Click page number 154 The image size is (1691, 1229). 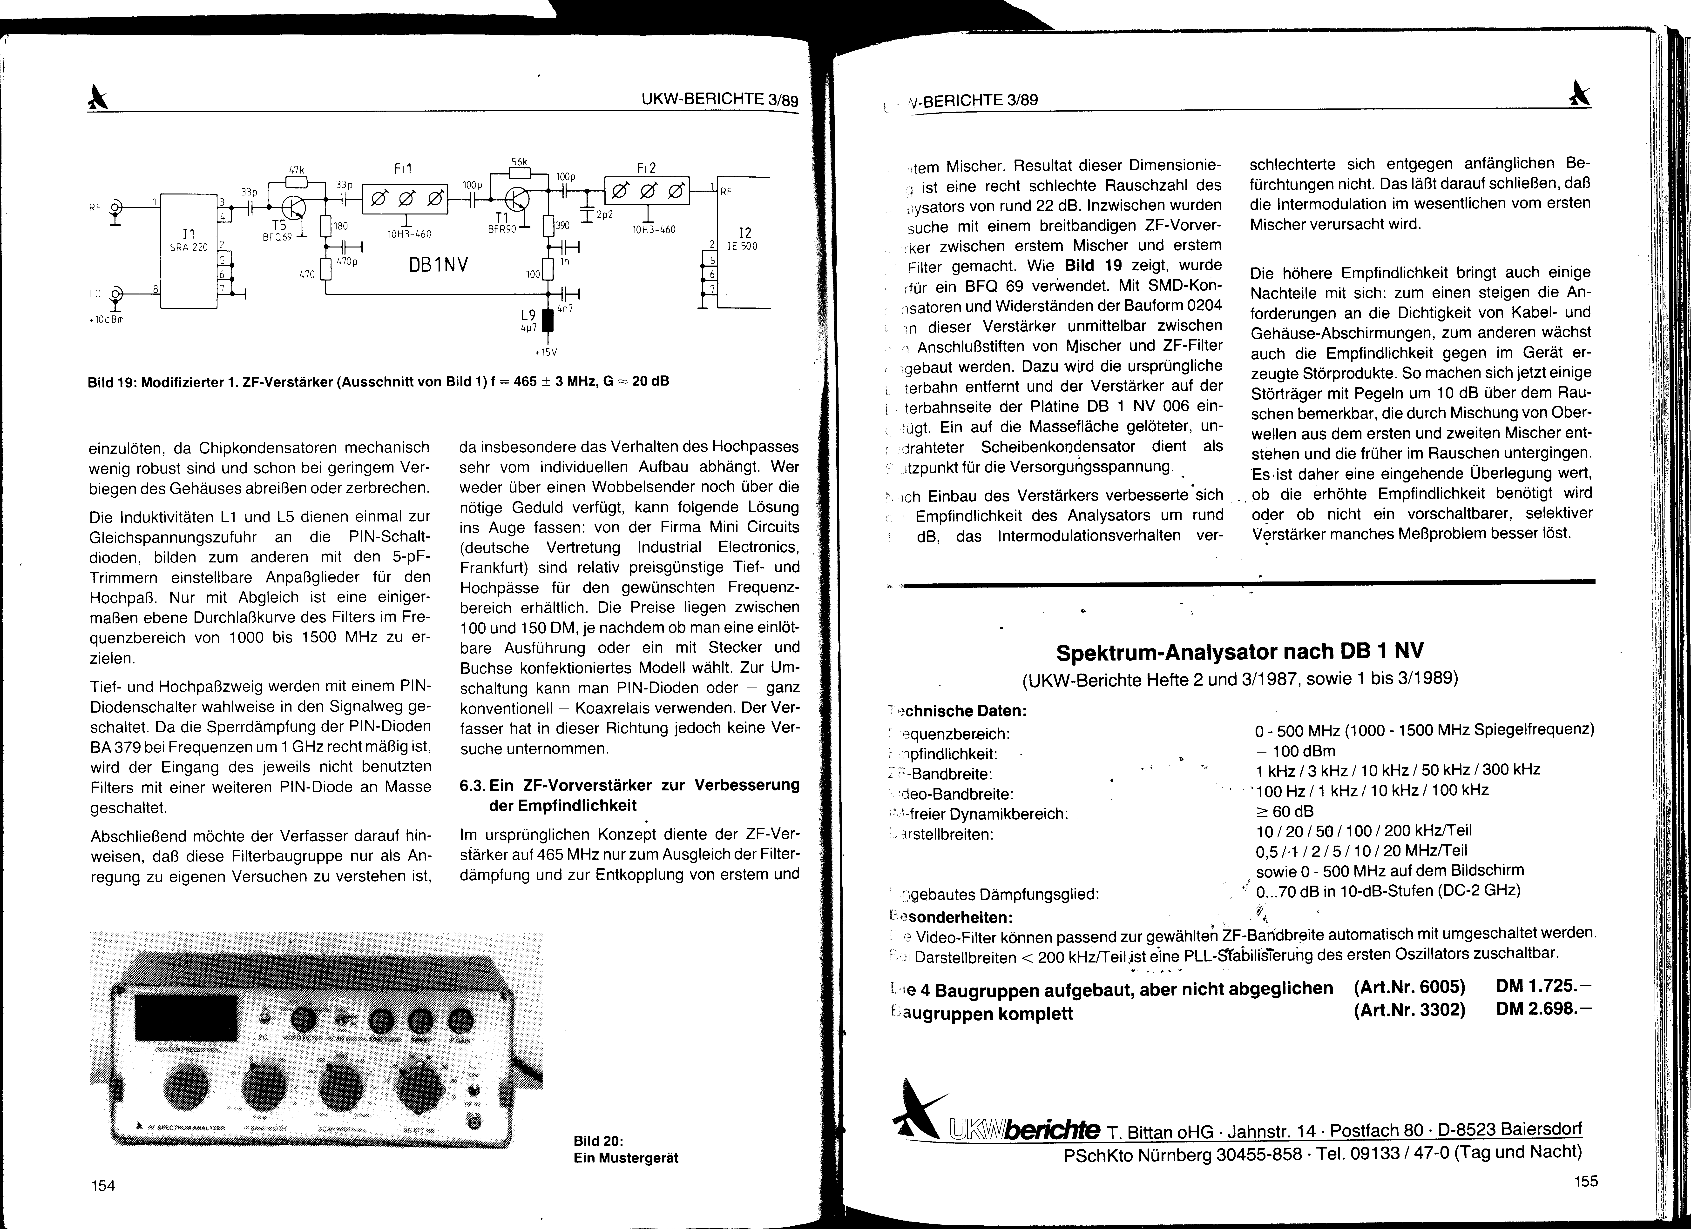(x=103, y=1185)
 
